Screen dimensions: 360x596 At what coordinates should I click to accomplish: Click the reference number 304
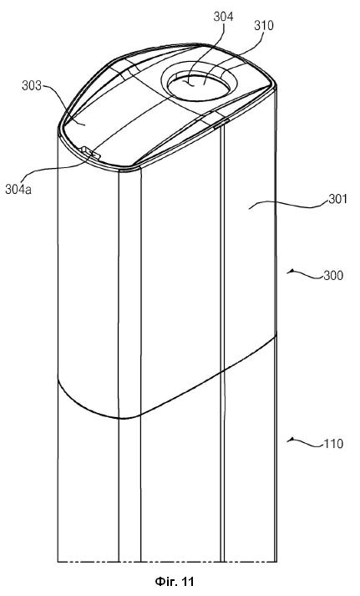[223, 17]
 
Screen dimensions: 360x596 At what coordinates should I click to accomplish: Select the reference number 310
[264, 25]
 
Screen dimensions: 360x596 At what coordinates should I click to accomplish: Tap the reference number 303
[32, 86]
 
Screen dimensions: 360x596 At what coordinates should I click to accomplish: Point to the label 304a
[18, 189]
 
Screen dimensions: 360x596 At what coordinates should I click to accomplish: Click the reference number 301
[338, 199]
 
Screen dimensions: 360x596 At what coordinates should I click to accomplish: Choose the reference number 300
[333, 275]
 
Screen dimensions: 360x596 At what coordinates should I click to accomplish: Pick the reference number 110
[333, 444]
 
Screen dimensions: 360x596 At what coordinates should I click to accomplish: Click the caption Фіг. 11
[175, 581]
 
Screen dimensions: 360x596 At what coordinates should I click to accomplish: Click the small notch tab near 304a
[90, 153]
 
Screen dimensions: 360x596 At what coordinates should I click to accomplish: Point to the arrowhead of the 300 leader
[290, 271]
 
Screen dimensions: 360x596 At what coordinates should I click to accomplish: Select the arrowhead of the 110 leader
[290, 440]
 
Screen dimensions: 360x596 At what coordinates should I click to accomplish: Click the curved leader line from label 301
[289, 205]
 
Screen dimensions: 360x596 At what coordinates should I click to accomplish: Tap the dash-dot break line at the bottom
[167, 561]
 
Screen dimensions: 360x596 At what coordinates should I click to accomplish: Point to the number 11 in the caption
[188, 581]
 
